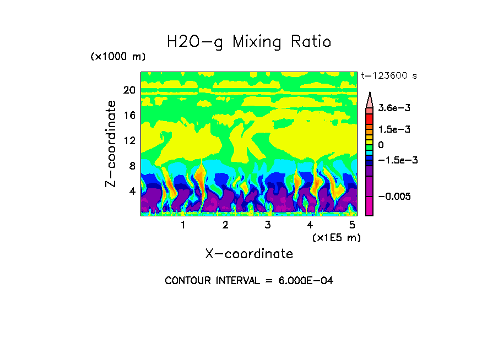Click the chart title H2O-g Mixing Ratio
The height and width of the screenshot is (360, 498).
pos(249,41)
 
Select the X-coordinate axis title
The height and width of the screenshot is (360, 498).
pos(249,254)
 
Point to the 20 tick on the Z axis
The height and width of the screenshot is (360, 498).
pos(129,90)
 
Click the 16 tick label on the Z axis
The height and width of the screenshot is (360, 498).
pos(129,116)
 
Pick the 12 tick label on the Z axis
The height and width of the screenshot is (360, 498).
pos(129,141)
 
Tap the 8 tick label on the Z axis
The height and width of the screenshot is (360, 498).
pos(132,166)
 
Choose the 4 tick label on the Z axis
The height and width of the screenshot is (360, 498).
pos(132,192)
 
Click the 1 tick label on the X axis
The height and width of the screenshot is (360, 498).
pos(183,225)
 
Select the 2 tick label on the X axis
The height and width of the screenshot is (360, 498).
pos(225,225)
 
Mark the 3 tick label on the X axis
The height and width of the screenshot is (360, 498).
pos(267,225)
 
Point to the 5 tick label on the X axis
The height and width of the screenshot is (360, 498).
pos(351,225)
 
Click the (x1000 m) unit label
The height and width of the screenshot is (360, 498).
pos(118,57)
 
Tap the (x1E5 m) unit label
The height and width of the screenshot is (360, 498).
pos(336,237)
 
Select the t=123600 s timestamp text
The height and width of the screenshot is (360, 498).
pos(388,76)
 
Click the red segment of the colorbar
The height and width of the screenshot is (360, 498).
pos(370,118)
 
